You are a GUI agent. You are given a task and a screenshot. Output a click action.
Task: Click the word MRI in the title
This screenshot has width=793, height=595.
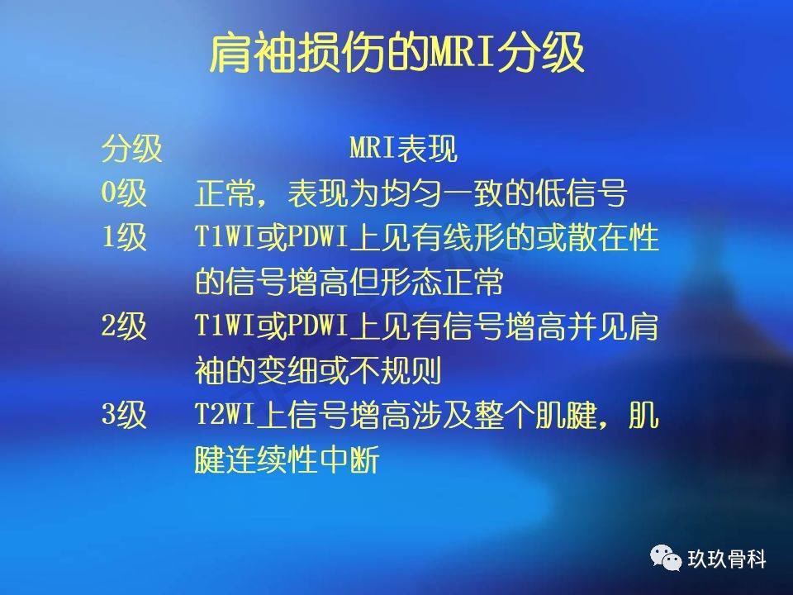click(461, 52)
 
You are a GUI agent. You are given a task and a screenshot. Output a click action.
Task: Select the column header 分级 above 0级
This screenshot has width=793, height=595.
click(132, 149)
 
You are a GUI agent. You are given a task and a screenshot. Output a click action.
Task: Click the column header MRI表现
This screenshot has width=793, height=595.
click(404, 149)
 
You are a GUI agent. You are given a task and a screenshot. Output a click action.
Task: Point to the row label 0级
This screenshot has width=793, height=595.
click(124, 193)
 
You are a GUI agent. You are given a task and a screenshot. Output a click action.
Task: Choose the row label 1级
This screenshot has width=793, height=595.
click(124, 237)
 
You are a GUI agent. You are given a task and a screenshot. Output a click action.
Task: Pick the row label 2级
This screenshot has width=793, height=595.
click(124, 326)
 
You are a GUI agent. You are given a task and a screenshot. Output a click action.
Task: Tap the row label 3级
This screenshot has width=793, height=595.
click(124, 414)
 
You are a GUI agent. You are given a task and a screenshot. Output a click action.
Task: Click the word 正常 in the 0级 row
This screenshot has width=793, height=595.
click(225, 193)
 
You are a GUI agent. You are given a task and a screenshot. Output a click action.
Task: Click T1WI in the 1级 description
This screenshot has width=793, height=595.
click(226, 236)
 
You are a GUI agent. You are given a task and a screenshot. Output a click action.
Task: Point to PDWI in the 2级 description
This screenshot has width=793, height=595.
click(317, 326)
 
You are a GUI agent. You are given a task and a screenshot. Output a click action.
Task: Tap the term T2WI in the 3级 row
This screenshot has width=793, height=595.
click(226, 414)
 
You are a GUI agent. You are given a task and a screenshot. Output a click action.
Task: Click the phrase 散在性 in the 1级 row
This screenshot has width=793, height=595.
click(613, 237)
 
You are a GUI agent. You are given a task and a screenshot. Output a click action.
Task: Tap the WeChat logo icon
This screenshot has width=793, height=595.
click(666, 558)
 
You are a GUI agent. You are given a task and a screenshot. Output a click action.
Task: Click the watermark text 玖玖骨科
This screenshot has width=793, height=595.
click(726, 559)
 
